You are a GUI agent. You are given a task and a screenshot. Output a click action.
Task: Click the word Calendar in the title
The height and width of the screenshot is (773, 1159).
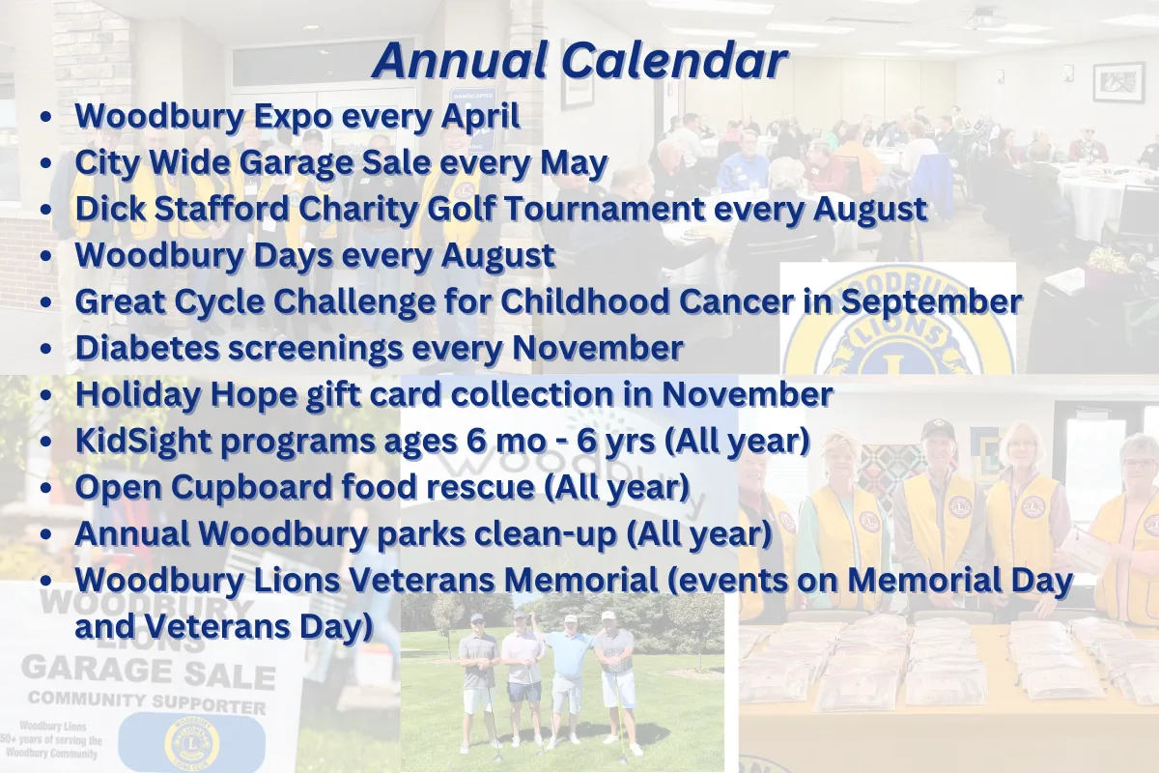[x=674, y=61]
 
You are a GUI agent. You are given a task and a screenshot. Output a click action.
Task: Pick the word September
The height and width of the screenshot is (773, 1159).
[x=931, y=302]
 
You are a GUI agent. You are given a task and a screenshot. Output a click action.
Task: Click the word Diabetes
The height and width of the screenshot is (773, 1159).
[x=147, y=348]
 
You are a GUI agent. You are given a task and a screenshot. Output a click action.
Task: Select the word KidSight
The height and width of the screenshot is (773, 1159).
[x=143, y=442]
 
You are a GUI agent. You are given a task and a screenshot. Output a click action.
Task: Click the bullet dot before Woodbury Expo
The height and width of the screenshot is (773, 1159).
[x=45, y=118]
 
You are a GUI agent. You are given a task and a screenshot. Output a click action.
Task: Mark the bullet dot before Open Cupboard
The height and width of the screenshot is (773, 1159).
[x=45, y=488]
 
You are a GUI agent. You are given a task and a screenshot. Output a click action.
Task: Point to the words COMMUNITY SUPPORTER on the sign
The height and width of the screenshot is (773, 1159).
[x=147, y=702]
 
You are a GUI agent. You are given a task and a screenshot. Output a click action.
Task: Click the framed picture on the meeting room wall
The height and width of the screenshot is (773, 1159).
[x=1118, y=82]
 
